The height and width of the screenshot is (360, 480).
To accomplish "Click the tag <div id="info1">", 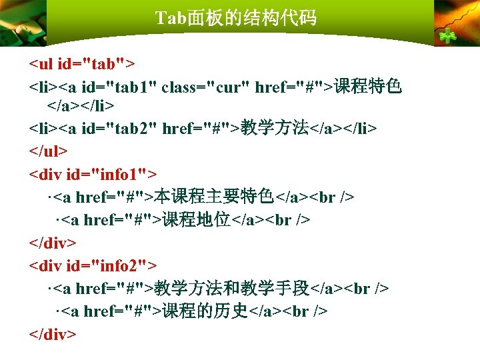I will tap(93, 174).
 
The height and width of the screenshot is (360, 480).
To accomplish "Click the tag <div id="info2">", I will tap(93, 266).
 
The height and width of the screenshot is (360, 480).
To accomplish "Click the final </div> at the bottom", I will tap(53, 334).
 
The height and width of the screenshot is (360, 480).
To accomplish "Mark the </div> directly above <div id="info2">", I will tap(53, 243).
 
